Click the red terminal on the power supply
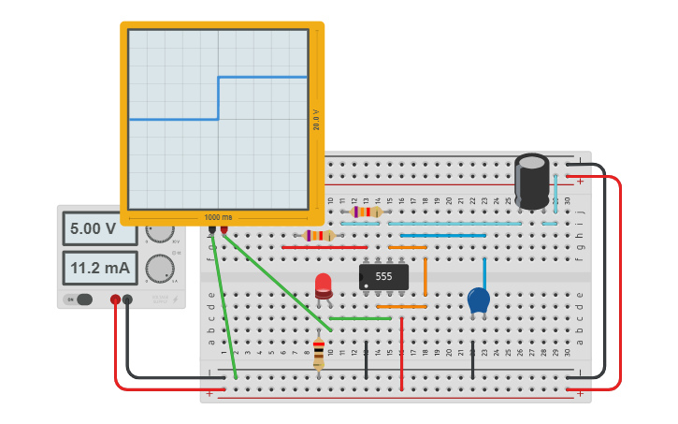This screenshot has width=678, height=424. click(115, 300)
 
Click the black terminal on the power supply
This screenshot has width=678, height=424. click(128, 300)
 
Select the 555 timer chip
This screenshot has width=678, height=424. click(383, 276)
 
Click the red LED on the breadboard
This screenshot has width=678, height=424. click(324, 285)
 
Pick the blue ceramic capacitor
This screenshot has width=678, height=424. click(478, 300)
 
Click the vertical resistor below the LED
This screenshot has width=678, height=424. click(319, 353)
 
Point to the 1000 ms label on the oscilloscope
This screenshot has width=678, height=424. click(218, 217)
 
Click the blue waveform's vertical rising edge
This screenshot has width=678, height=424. click(218, 98)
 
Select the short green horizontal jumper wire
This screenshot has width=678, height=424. click(360, 318)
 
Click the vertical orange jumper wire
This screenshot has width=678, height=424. click(425, 276)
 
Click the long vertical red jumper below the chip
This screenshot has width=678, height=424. click(401, 353)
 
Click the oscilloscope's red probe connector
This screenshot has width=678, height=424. click(224, 228)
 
